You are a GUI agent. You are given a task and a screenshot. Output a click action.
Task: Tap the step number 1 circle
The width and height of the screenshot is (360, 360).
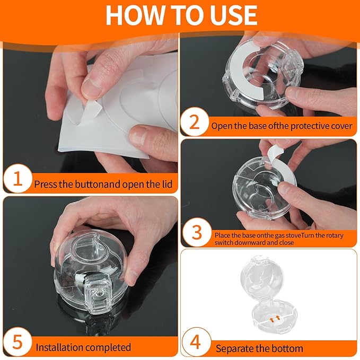click(x=17, y=179)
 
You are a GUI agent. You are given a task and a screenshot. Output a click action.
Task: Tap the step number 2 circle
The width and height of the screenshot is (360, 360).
click(x=195, y=122)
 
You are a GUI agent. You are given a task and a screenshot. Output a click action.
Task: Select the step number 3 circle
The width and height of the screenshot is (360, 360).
click(x=197, y=232)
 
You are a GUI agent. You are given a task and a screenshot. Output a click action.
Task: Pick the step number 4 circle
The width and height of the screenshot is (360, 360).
click(x=196, y=342)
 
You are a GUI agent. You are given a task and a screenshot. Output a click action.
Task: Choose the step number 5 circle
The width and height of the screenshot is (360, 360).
click(x=17, y=342)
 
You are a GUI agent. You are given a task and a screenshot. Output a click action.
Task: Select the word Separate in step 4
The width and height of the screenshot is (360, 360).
click(x=231, y=349)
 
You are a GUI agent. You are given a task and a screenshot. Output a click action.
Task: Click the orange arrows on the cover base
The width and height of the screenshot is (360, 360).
click(x=275, y=319)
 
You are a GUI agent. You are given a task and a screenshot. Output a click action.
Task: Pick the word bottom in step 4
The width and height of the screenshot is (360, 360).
click(x=288, y=349)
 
